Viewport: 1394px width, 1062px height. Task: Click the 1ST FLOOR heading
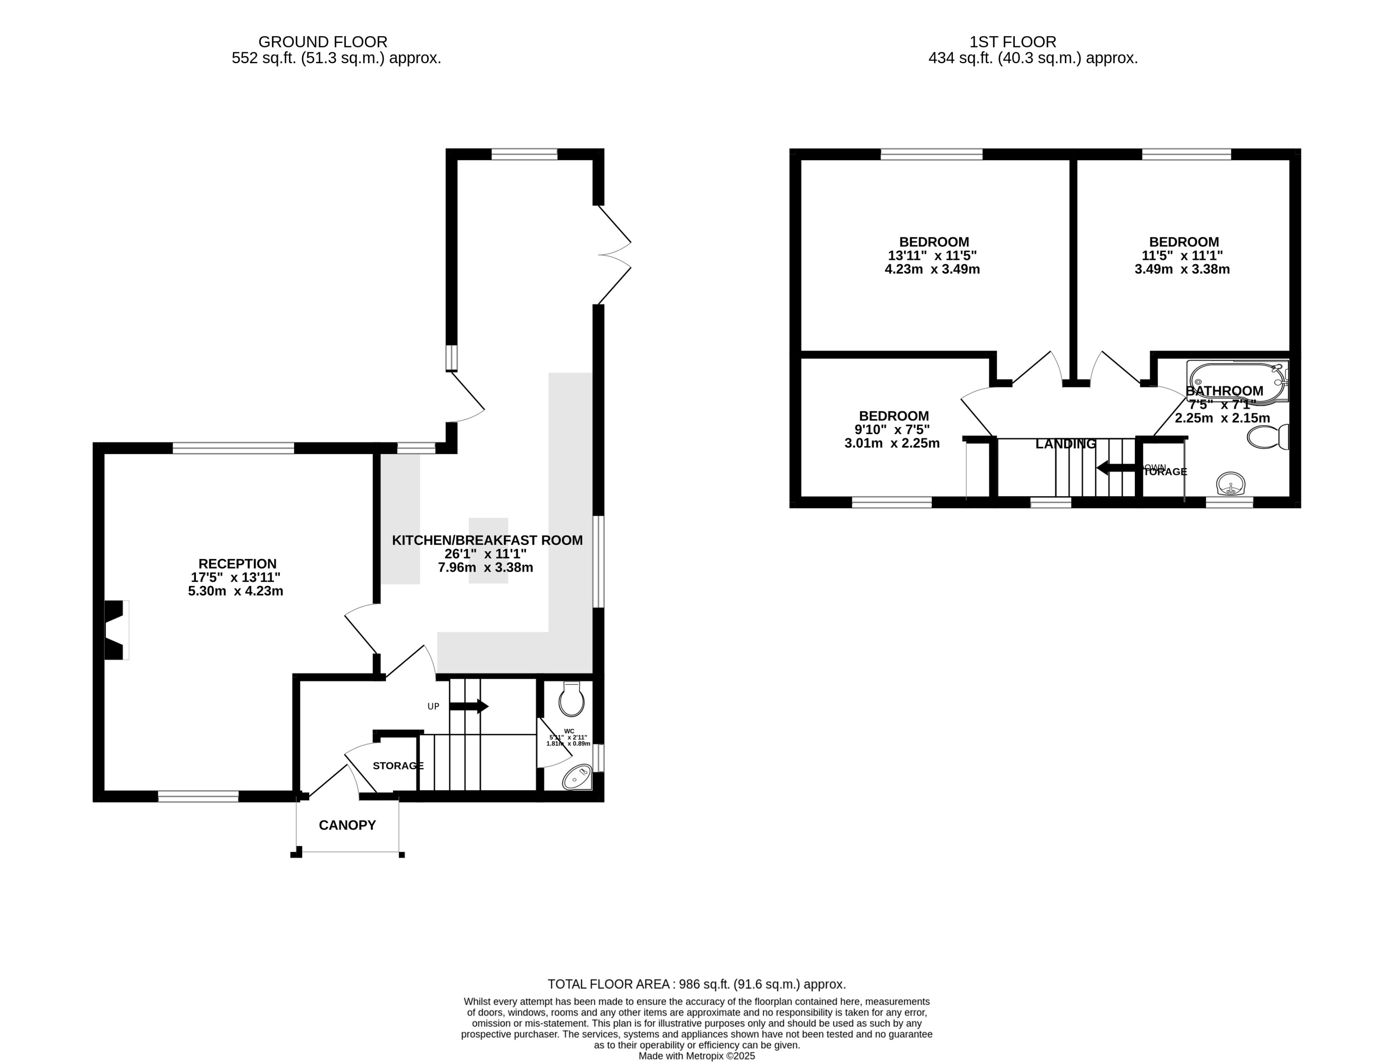1012,42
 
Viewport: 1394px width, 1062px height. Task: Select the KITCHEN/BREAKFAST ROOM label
487,540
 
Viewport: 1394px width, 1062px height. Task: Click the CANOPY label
347,825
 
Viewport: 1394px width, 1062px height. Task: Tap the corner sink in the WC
577,778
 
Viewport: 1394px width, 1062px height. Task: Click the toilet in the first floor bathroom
1268,437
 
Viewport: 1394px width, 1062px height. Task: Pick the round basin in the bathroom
1230,485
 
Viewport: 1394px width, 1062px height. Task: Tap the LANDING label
1065,444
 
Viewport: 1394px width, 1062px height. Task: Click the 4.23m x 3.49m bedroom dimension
932,269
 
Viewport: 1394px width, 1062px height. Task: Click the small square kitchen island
488,550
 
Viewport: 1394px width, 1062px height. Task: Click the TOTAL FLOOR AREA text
696,984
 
